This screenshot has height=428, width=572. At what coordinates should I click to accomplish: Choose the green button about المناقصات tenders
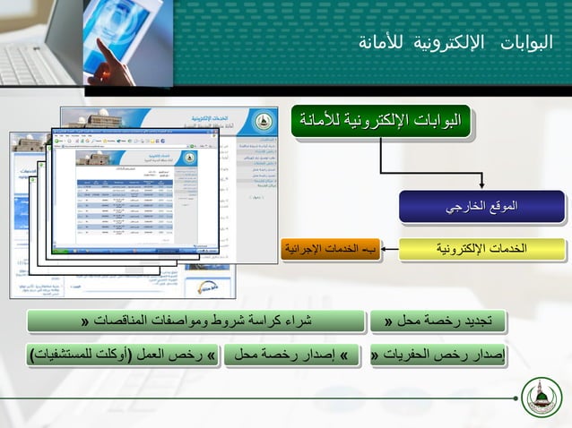[x=196, y=321]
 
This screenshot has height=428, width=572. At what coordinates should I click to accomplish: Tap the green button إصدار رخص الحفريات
[x=438, y=356]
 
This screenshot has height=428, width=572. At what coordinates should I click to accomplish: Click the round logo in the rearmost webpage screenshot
[x=260, y=124]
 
